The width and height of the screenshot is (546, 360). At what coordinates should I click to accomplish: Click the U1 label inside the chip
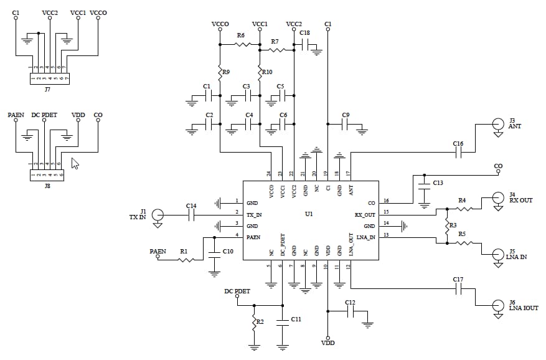(309, 214)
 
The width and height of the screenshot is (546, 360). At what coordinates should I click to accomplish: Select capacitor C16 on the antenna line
(458, 152)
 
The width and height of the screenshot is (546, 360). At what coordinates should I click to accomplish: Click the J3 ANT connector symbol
(497, 125)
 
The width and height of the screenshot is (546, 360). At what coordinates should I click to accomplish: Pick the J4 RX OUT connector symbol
(497, 199)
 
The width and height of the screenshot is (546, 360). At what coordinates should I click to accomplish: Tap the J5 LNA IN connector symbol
(497, 255)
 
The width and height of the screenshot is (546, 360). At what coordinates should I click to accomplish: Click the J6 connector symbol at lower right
(497, 306)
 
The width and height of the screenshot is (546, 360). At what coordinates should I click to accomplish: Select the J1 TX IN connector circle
(159, 215)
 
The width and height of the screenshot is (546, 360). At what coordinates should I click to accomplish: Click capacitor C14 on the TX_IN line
(191, 215)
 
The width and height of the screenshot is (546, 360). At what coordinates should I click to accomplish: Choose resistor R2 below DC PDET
(254, 323)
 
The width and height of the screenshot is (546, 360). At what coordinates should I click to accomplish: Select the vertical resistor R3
(446, 225)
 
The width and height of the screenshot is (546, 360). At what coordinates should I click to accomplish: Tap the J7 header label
(47, 89)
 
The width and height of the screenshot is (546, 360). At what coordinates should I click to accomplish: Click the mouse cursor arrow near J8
(75, 164)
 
